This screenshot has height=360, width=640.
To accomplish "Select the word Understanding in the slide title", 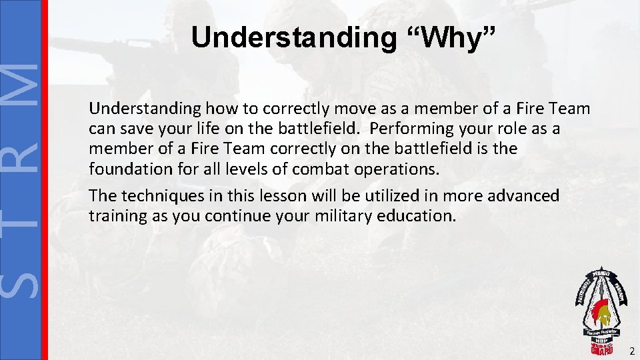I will (293, 38).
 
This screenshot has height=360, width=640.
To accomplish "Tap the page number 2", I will (631, 351).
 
